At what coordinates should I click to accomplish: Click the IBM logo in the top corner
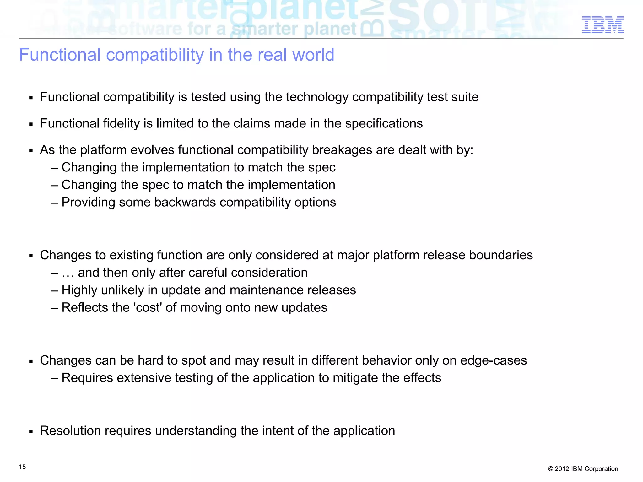(603, 25)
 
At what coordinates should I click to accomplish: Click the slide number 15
(22, 467)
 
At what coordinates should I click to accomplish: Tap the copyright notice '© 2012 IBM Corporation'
(583, 469)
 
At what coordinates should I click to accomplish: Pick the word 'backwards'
(185, 202)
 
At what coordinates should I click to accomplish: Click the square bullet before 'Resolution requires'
(31, 431)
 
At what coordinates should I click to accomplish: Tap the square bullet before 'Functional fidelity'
(31, 124)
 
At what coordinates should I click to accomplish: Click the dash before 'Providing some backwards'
(54, 203)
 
